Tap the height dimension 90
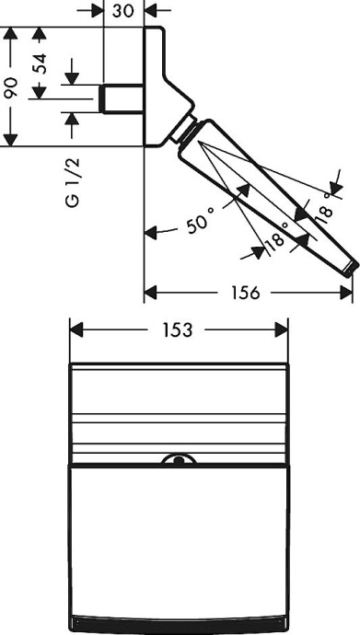10,87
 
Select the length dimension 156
246,293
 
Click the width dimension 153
181,329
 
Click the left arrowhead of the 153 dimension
78,329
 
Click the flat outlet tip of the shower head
349,268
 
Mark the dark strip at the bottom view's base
181,617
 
